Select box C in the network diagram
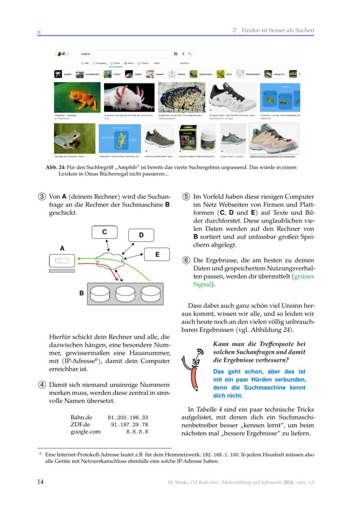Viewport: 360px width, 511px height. pos(104,232)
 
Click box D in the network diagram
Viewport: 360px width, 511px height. pos(141,235)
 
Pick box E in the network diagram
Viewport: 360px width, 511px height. pos(157,254)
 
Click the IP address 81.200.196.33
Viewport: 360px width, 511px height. pos(128,418)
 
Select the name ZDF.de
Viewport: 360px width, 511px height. pos(81,425)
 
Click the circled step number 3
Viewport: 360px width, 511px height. pos(41,197)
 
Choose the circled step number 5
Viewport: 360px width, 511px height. pos(186,197)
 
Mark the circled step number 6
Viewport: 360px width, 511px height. pos(186,260)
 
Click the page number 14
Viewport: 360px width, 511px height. pos(40,482)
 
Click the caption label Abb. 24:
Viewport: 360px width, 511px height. pos(56,167)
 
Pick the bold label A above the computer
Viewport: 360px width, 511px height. pos(62,248)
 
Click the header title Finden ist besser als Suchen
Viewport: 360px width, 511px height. pos(277,30)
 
